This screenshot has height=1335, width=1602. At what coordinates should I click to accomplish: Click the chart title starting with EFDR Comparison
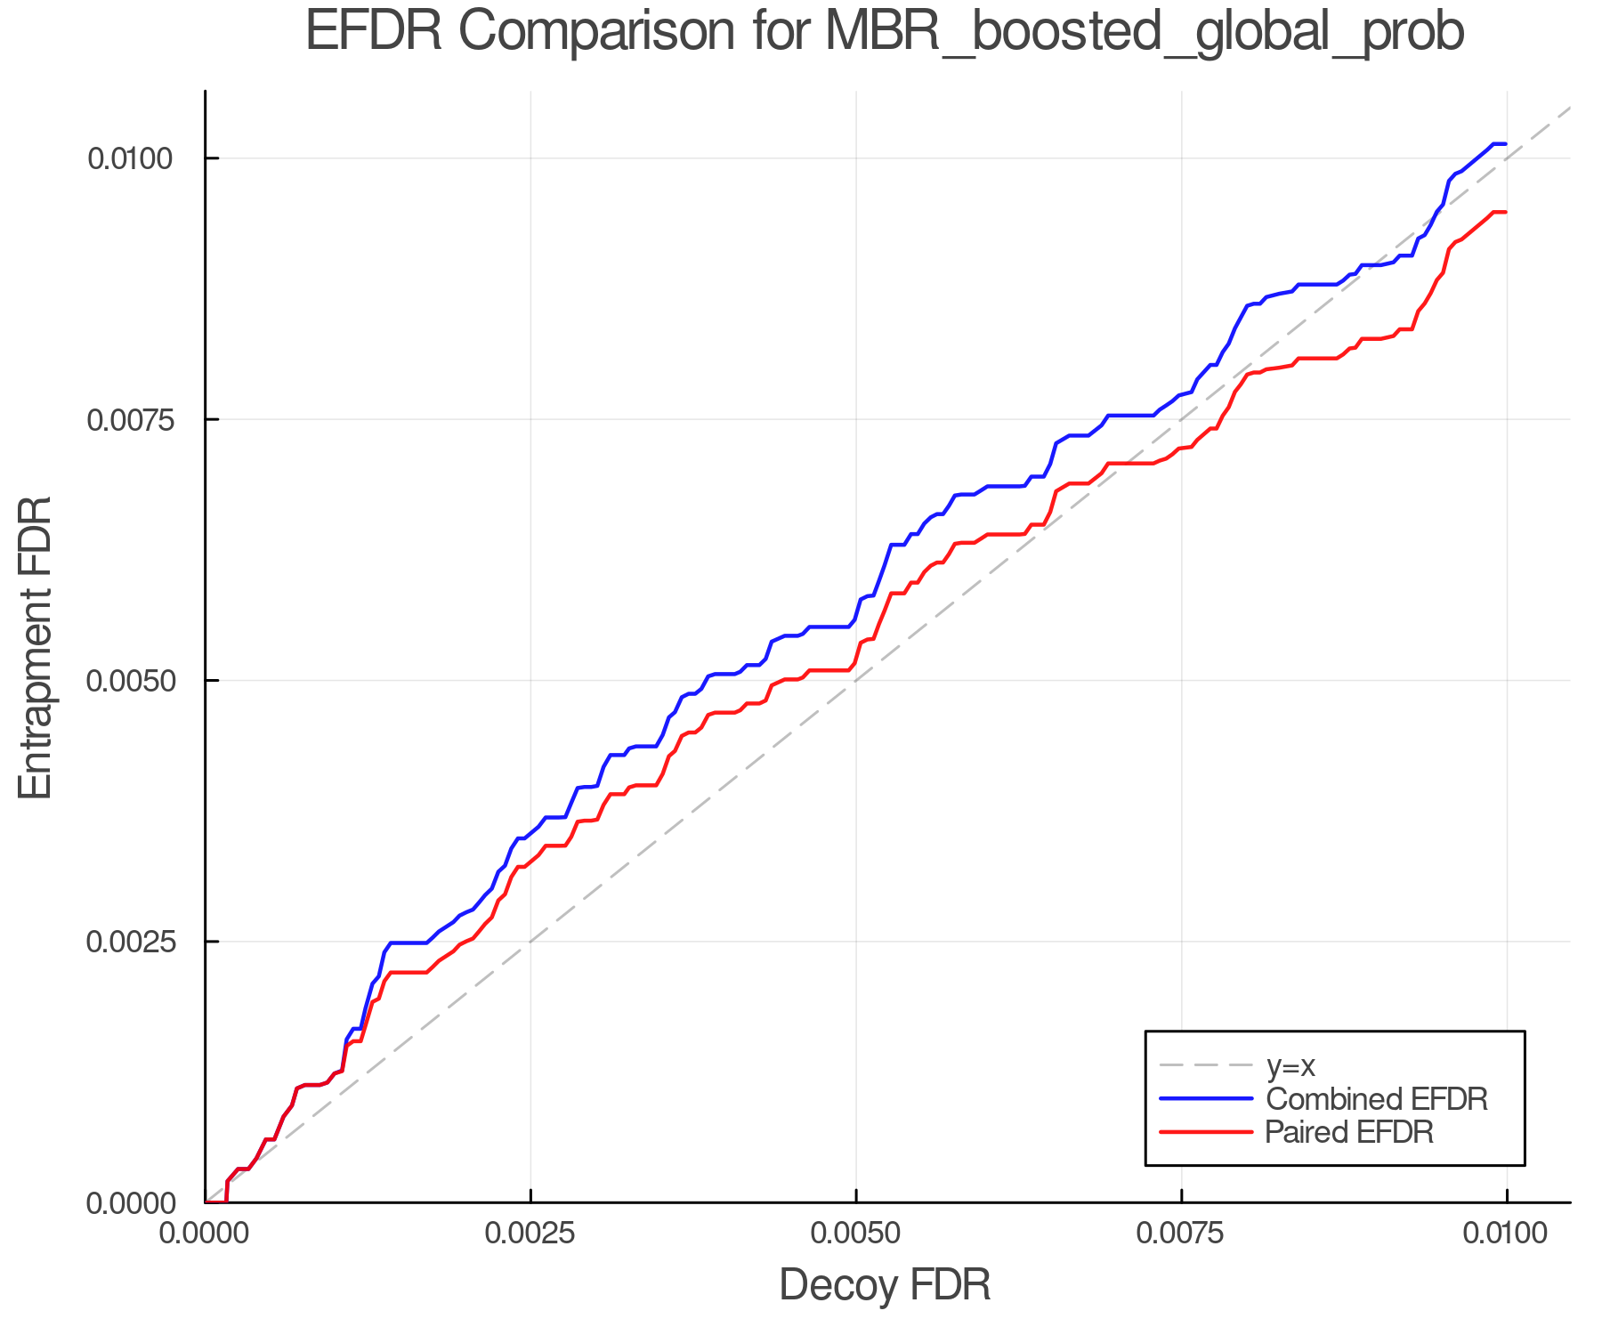[x=884, y=32]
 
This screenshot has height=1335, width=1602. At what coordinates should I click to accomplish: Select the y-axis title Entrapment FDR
[x=36, y=647]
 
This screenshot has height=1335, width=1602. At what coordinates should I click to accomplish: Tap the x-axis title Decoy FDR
[x=884, y=1285]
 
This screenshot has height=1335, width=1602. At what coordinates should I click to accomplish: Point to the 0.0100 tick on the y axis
[x=129, y=158]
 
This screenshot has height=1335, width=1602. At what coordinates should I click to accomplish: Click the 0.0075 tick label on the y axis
[x=129, y=419]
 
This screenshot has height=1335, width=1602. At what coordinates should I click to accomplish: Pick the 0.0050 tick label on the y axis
[x=129, y=681]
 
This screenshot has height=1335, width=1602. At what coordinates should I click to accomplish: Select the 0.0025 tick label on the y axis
[x=129, y=942]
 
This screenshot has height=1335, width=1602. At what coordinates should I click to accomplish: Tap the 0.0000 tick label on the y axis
[x=129, y=1203]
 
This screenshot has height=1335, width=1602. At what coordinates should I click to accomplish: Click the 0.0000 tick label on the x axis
[x=205, y=1234]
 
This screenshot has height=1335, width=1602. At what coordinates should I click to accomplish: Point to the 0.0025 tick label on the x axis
[x=530, y=1234]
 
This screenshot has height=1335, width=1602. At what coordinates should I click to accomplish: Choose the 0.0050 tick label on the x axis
[x=856, y=1234]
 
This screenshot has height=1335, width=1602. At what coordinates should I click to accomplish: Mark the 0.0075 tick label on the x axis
[x=1181, y=1234]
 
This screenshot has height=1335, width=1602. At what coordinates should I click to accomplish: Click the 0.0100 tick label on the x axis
[x=1506, y=1234]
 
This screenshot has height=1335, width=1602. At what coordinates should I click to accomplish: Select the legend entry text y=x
[x=1290, y=1065]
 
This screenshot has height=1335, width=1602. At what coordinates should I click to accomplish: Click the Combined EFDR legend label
[x=1376, y=1099]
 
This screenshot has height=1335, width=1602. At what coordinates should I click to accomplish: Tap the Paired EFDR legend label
[x=1348, y=1132]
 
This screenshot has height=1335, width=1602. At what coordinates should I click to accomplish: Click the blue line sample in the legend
[x=1206, y=1099]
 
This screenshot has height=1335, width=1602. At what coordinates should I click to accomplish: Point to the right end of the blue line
[x=1505, y=144]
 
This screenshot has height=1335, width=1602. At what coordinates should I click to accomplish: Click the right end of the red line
[x=1505, y=212]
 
